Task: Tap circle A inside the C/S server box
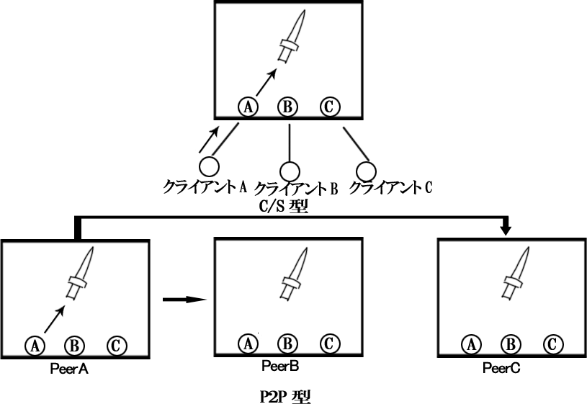pos(247,107)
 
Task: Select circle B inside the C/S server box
pos(287,107)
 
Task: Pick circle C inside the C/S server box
pos(329,107)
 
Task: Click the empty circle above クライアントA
pos(209,166)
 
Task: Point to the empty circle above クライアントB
pos(290,171)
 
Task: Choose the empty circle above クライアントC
pos(367,171)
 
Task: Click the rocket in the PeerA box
pos(80,273)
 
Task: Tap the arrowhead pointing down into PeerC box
pos(506,230)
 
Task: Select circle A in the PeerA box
pos(34,345)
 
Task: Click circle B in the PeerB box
pos(287,344)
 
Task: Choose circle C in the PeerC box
pos(551,345)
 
